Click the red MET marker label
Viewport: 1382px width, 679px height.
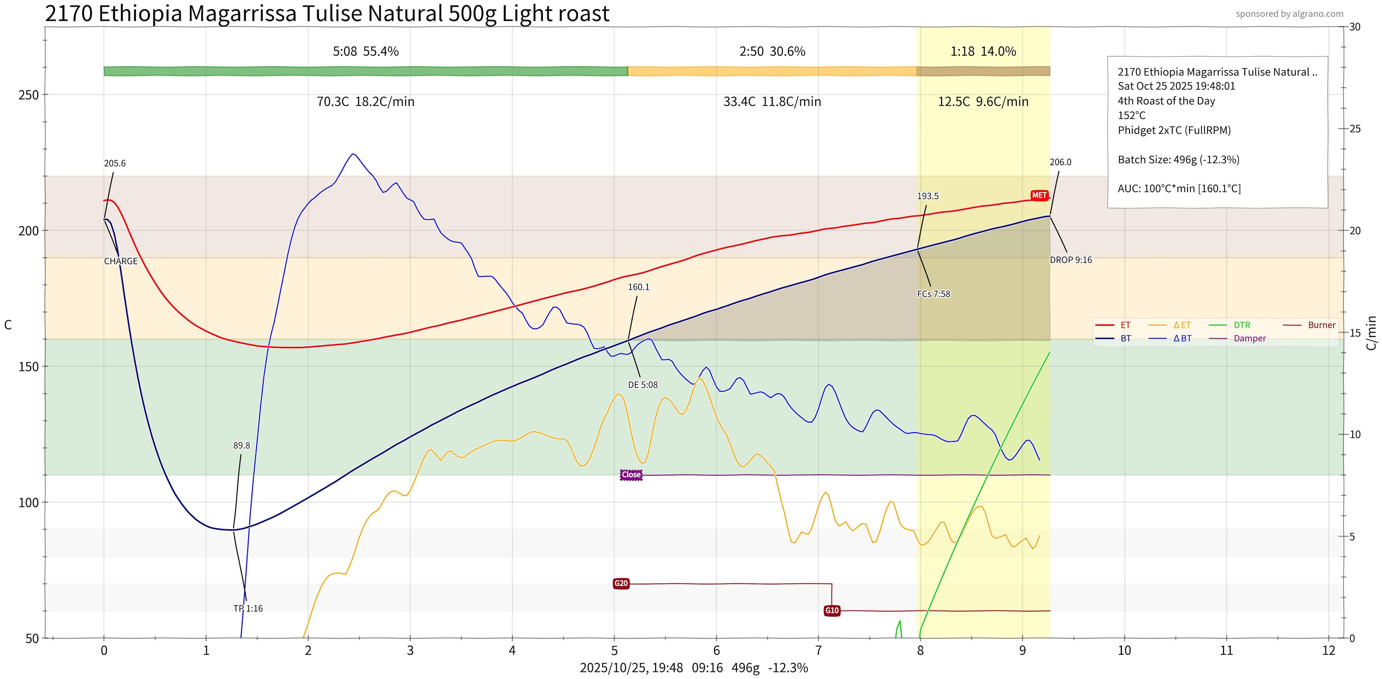coord(1039,195)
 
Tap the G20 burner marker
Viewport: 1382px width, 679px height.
coord(621,584)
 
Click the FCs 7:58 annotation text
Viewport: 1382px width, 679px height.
coord(933,294)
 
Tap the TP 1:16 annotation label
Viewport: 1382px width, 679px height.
coord(248,608)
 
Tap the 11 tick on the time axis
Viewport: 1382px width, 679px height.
coord(1226,651)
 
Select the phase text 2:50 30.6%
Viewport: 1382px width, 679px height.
coord(772,51)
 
